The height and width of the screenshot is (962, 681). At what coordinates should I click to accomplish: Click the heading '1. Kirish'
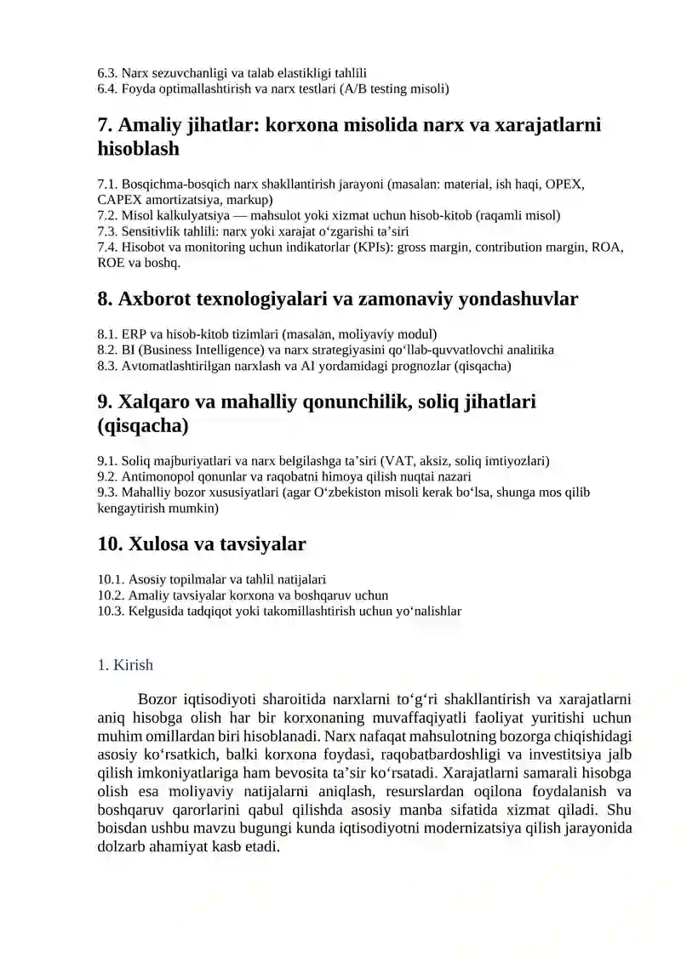coord(125,665)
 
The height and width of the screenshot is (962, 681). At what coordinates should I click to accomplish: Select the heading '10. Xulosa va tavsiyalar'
coord(202,544)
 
